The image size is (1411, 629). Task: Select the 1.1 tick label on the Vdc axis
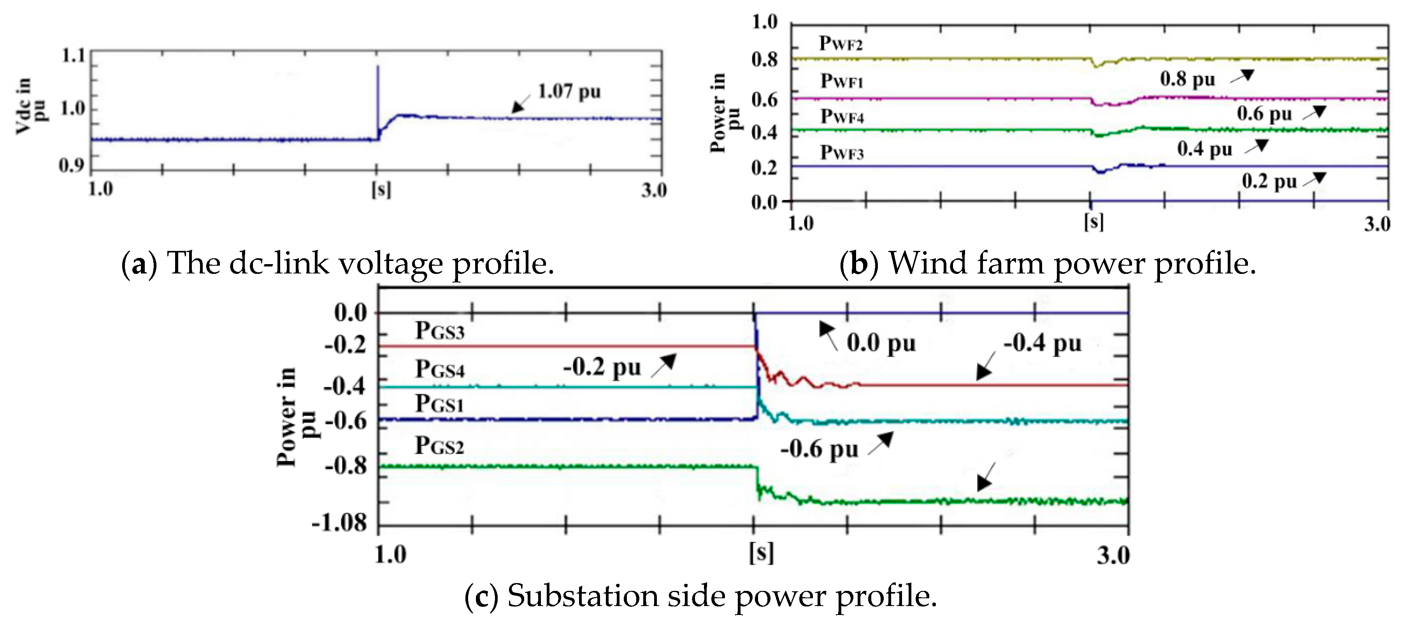(x=74, y=55)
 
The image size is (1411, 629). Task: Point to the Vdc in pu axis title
(x=30, y=106)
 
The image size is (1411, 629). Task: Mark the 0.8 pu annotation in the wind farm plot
(x=1188, y=79)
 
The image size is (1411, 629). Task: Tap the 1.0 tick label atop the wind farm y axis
(x=765, y=22)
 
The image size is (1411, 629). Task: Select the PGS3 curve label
(x=439, y=331)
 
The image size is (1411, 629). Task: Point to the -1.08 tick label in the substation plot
(x=340, y=523)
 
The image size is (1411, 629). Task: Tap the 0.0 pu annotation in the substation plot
(x=881, y=343)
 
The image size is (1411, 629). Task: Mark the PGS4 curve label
(x=439, y=369)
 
